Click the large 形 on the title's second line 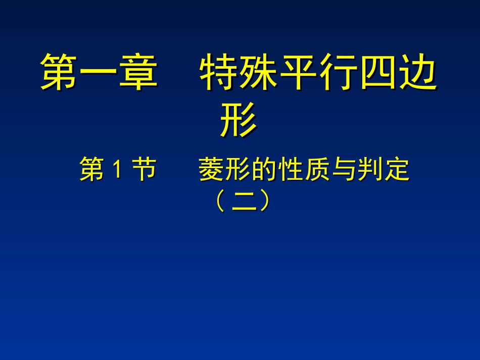(238, 120)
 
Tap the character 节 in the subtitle (144, 169)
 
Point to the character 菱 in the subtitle (210, 169)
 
